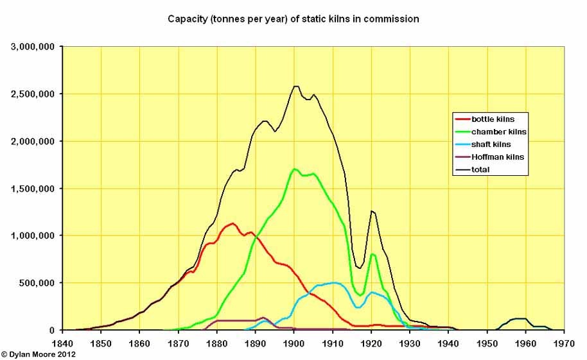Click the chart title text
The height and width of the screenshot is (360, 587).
pyautogui.click(x=293, y=19)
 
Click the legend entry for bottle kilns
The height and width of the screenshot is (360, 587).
pyautogui.click(x=493, y=119)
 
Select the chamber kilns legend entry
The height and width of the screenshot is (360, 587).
pyautogui.click(x=498, y=132)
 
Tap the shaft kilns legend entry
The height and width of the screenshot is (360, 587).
pyautogui.click(x=491, y=144)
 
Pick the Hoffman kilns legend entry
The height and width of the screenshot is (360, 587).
pyautogui.click(x=497, y=157)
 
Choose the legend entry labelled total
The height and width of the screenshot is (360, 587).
pyautogui.click(x=480, y=170)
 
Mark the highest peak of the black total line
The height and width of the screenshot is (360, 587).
pyautogui.click(x=296, y=86)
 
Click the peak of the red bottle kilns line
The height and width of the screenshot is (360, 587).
pyautogui.click(x=232, y=223)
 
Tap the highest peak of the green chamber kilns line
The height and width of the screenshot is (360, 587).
pyautogui.click(x=294, y=169)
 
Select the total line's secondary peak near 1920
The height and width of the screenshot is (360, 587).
pyautogui.click(x=372, y=210)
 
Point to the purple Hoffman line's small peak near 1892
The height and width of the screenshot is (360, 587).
pyautogui.click(x=263, y=317)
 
